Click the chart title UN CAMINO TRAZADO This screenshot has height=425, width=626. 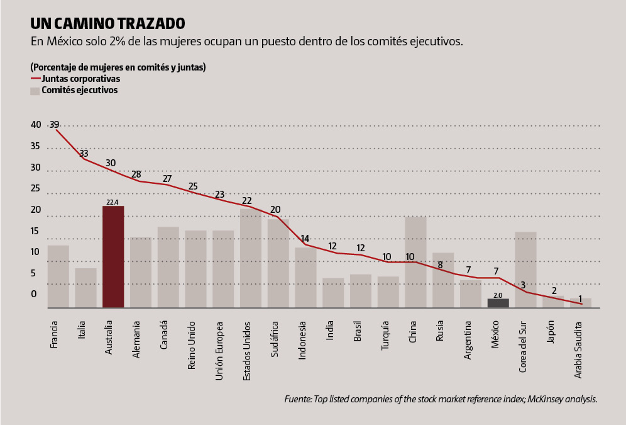(x=107, y=24)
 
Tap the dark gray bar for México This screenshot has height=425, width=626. (x=498, y=303)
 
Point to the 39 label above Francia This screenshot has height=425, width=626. (x=55, y=124)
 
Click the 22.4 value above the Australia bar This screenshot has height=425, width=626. (x=113, y=202)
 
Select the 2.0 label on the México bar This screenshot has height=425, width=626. (x=498, y=295)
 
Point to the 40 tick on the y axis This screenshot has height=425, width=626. (x=35, y=125)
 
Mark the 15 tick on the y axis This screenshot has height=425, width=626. (x=35, y=231)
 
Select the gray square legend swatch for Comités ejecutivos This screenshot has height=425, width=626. (x=35, y=91)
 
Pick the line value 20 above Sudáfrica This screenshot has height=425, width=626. (x=275, y=210)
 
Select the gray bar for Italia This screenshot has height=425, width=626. (x=85, y=288)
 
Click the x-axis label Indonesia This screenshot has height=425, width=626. (x=302, y=340)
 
